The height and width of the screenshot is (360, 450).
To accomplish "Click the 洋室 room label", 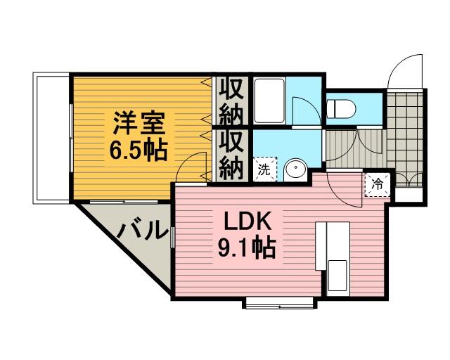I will (x=139, y=123).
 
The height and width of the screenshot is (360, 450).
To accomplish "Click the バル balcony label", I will (x=142, y=230).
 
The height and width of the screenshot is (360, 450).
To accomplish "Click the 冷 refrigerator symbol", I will (x=377, y=185).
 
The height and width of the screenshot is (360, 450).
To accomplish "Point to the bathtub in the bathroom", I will (x=269, y=101).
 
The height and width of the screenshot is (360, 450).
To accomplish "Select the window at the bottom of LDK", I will (x=280, y=303).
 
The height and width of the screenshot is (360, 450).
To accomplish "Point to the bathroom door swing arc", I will (x=304, y=112).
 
